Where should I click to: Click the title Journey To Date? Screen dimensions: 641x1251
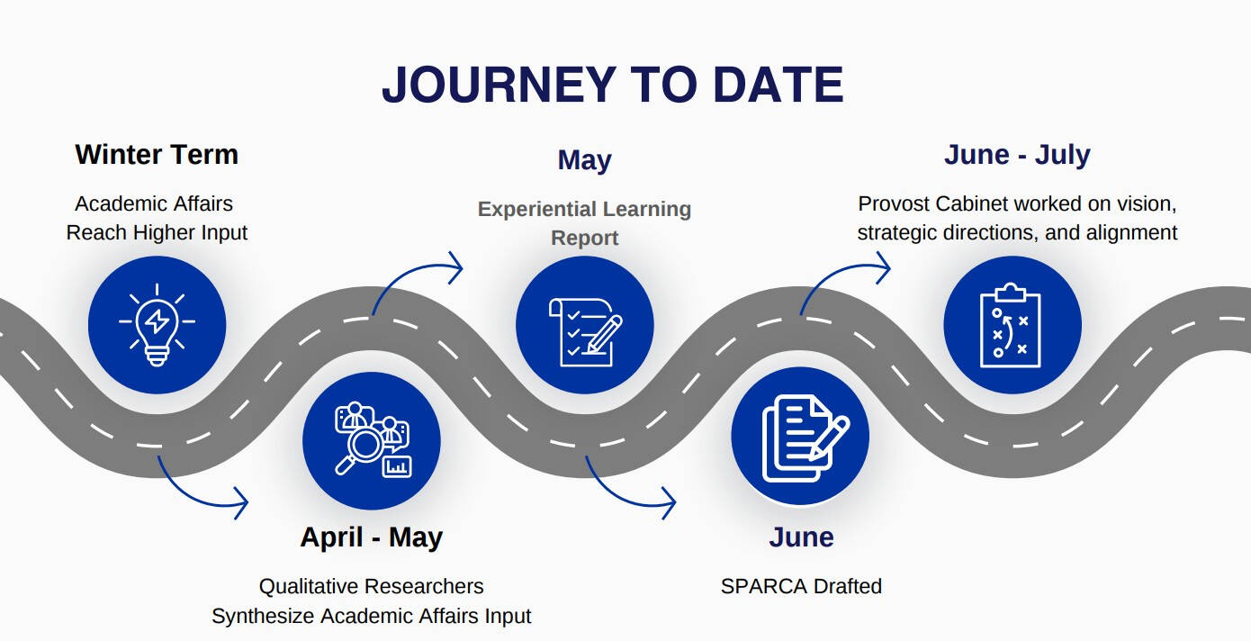tap(612, 86)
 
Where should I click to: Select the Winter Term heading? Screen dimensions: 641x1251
tap(157, 154)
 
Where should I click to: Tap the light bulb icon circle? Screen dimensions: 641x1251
tap(157, 324)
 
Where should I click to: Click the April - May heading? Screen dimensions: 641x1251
tap(371, 537)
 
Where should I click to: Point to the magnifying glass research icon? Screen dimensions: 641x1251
tap(371, 441)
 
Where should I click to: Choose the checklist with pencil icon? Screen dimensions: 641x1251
tap(584, 325)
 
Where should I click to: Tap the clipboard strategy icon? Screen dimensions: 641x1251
tap(1012, 325)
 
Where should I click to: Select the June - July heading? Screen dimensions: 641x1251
tap(1017, 154)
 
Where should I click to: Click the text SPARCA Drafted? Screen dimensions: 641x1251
tap(801, 586)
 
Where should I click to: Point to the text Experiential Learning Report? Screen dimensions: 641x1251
tap(584, 223)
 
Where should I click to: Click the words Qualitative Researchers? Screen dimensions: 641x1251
tap(371, 586)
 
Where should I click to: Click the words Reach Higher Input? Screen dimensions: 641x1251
tap(157, 232)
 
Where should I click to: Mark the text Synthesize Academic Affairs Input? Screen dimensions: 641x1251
tap(371, 616)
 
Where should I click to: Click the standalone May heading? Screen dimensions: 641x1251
tap(584, 160)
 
